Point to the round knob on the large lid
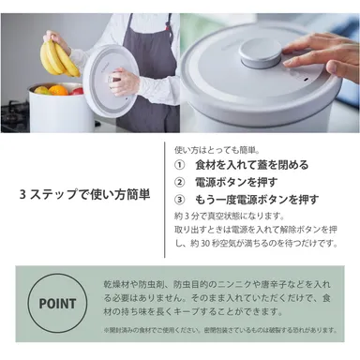pos(260,49)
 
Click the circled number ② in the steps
pos(181,183)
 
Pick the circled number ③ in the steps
pos(181,200)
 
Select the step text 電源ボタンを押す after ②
pos(236,183)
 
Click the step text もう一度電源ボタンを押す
pos(258,200)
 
